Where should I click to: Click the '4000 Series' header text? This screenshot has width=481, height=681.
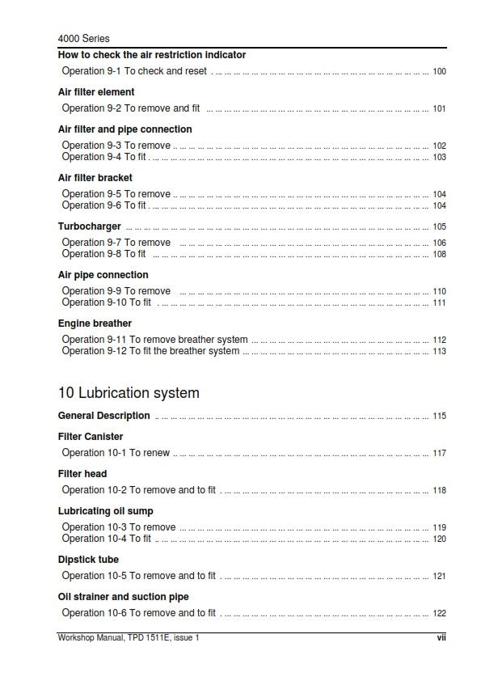click(84, 38)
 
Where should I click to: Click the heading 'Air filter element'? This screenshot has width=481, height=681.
click(96, 92)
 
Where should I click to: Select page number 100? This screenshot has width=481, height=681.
click(440, 72)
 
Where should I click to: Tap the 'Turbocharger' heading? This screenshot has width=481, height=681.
click(90, 226)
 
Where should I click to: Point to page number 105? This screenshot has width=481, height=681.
click(440, 227)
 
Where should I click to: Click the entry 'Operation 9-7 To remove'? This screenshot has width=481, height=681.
click(116, 243)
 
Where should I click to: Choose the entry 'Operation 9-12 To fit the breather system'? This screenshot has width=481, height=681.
click(151, 351)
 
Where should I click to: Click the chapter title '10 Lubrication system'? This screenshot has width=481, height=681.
click(129, 393)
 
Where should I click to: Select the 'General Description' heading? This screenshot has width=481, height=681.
click(104, 416)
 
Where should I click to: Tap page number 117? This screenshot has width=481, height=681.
click(440, 454)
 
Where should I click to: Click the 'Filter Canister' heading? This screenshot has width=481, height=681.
click(91, 437)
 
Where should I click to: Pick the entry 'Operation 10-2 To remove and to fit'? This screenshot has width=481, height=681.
click(139, 490)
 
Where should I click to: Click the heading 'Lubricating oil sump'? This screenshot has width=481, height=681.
click(106, 511)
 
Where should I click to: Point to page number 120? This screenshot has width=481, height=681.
click(440, 539)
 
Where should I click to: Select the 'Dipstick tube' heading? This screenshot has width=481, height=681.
click(88, 560)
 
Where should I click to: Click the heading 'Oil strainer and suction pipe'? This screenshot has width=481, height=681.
click(124, 597)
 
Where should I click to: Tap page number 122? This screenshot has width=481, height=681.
click(440, 614)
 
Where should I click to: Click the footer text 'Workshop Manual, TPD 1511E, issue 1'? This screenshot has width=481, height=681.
click(129, 638)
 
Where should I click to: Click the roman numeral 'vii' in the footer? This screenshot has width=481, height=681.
click(441, 638)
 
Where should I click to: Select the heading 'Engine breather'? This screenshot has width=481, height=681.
click(95, 324)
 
